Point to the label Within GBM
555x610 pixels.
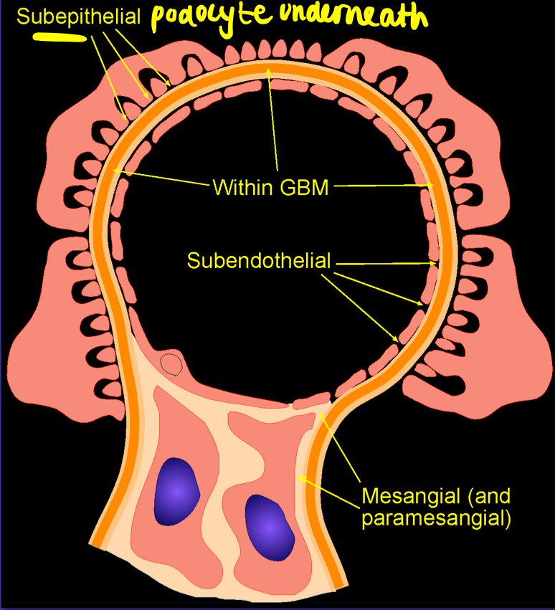pos(270,189)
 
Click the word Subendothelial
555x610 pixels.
pos(259,260)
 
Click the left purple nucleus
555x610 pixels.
pos(176,490)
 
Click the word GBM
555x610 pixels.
pos(304,189)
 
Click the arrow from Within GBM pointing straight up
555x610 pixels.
pos(273,122)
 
